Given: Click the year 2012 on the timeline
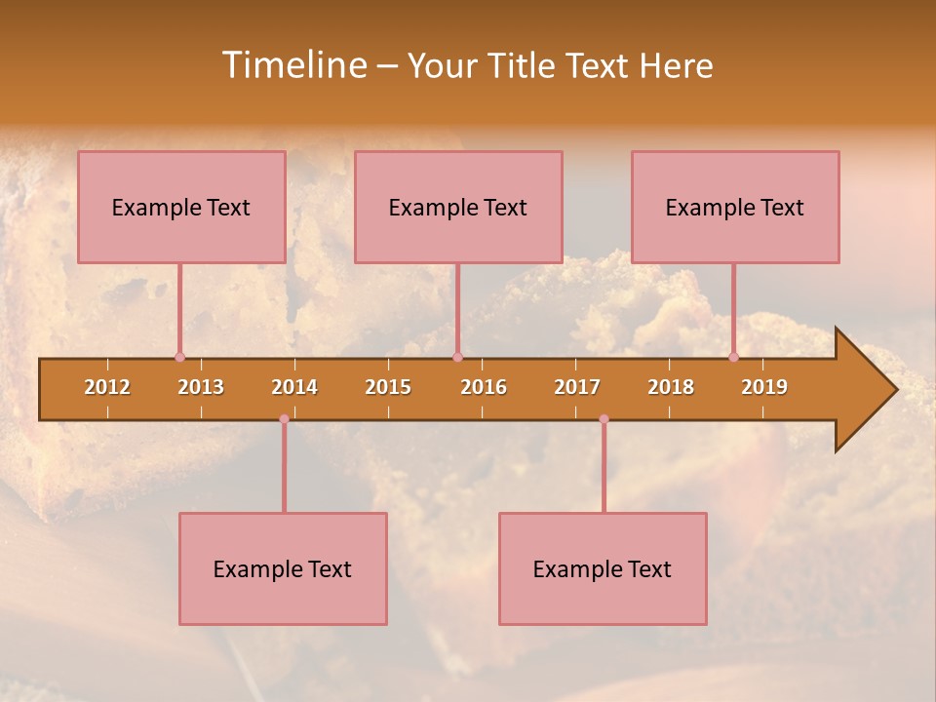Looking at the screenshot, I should (107, 387).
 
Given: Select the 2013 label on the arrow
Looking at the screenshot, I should (201, 387).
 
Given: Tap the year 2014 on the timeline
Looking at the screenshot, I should (294, 387).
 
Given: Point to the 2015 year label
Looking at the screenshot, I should (388, 387).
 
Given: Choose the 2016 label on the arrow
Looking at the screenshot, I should (484, 387).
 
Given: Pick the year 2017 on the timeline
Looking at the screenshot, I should (577, 387).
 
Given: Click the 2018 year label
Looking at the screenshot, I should (671, 387).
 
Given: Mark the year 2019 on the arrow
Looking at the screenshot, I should (764, 387).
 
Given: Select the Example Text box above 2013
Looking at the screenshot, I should (181, 207).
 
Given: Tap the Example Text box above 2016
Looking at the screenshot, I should (458, 207).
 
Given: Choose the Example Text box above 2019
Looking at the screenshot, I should (735, 207).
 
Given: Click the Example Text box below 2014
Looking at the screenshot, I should (283, 568).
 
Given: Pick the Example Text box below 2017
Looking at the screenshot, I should (603, 568).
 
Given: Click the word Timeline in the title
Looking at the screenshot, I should (293, 65).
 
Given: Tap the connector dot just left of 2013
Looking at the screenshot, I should (179, 357).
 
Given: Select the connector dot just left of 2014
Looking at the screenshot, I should (284, 419).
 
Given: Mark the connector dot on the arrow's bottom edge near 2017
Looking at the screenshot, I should (604, 419).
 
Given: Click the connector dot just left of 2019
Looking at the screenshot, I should (733, 357).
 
